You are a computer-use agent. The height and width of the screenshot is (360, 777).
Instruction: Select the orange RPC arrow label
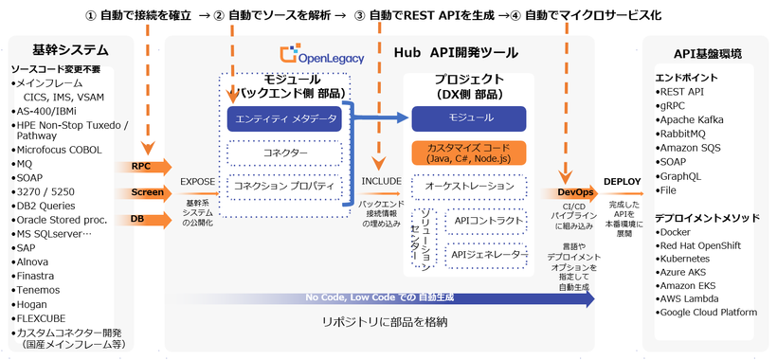[x=142, y=166]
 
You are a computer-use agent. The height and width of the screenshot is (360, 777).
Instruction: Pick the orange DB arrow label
[x=139, y=219]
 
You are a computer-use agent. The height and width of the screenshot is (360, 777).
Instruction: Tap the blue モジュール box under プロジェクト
[x=468, y=117]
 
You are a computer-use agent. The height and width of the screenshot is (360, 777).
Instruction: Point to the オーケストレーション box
[x=468, y=186]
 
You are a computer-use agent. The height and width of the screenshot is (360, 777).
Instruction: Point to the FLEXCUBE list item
[x=48, y=318]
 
